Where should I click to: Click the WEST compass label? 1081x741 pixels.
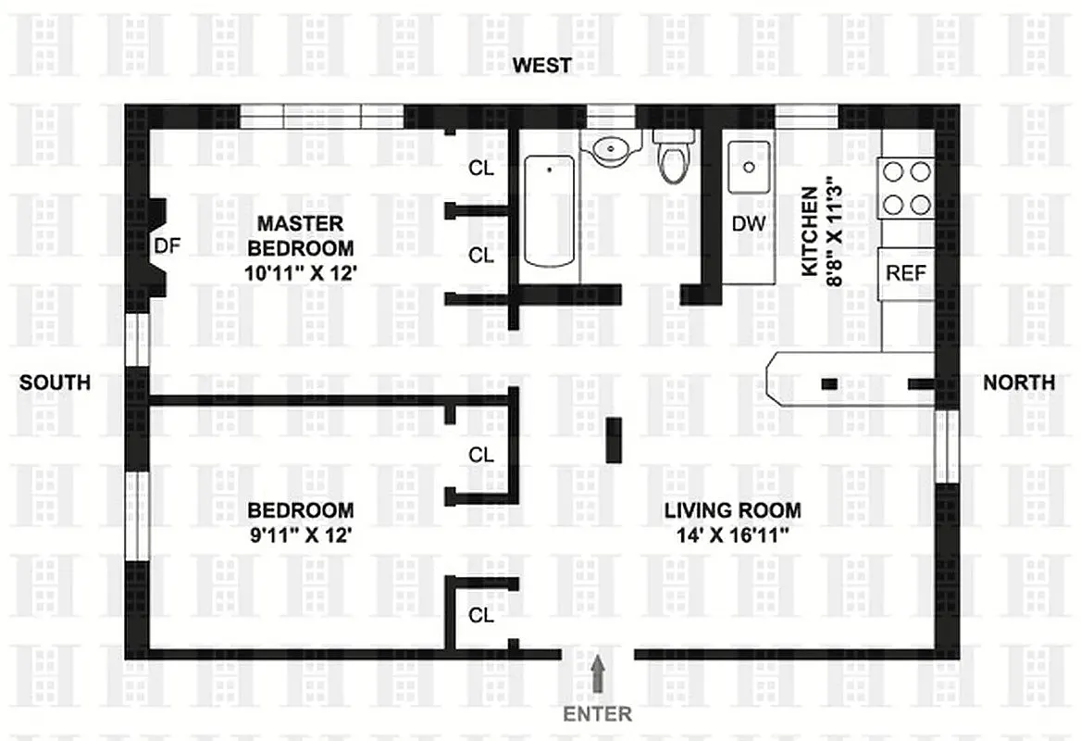tap(542, 65)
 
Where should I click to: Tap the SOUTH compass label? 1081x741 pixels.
tap(56, 382)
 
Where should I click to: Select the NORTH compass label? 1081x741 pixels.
tap(1018, 382)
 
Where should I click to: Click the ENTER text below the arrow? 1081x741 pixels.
tap(598, 714)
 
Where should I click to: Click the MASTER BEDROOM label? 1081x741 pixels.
tap(300, 235)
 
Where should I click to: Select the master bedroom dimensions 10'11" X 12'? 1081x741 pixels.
tap(300, 273)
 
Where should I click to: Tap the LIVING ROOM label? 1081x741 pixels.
tap(732, 509)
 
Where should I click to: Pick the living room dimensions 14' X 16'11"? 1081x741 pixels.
tap(732, 535)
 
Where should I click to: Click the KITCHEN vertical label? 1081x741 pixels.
tap(809, 231)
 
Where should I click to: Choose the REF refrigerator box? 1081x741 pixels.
tap(905, 273)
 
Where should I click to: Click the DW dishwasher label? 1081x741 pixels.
tap(748, 223)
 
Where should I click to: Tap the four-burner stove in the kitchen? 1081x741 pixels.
tap(906, 187)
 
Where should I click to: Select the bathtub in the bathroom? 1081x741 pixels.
tap(549, 211)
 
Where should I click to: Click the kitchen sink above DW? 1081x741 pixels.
tap(748, 168)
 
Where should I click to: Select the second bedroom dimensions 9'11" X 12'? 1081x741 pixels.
tap(300, 535)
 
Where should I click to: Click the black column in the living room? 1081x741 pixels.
tap(614, 439)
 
